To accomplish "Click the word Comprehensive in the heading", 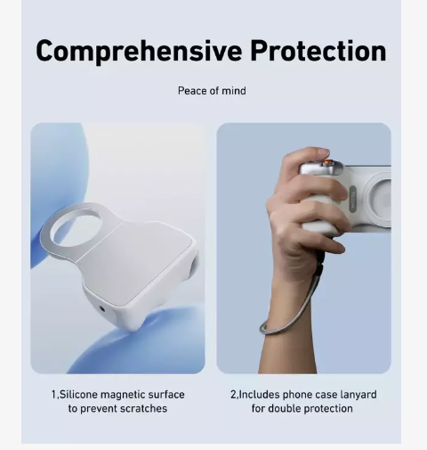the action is click(x=139, y=52).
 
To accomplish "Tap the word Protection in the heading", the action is click(x=318, y=51).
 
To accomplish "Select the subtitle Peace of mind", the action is click(x=212, y=91).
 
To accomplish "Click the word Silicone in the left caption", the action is click(x=78, y=395).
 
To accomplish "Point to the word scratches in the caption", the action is click(x=144, y=408).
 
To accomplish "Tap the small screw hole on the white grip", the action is click(x=102, y=309).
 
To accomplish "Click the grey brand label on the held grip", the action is click(x=353, y=199).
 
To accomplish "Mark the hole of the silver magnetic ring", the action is click(x=77, y=228).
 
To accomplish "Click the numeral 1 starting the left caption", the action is click(x=53, y=395).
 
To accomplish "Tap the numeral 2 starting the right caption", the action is click(x=234, y=395).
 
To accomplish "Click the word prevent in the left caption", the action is click(x=99, y=409).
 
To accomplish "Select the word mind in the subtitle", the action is click(x=234, y=91).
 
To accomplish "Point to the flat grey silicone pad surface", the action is click(x=140, y=261).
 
